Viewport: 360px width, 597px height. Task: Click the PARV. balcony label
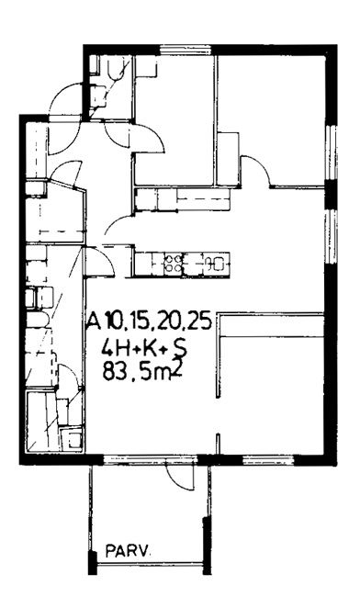tap(128, 550)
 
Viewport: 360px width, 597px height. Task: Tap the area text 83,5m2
tap(141, 370)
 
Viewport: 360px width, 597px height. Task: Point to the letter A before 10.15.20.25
tap(95, 322)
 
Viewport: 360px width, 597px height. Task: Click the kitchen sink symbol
tap(215, 263)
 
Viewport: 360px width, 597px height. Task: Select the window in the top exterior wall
tap(185, 50)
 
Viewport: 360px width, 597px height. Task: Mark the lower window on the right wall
tap(332, 236)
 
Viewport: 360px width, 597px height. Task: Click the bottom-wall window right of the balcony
tap(269, 459)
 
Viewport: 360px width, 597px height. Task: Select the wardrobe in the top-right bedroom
tap(228, 159)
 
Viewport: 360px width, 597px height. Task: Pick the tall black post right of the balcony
tap(207, 545)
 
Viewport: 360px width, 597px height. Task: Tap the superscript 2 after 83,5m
tap(177, 366)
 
